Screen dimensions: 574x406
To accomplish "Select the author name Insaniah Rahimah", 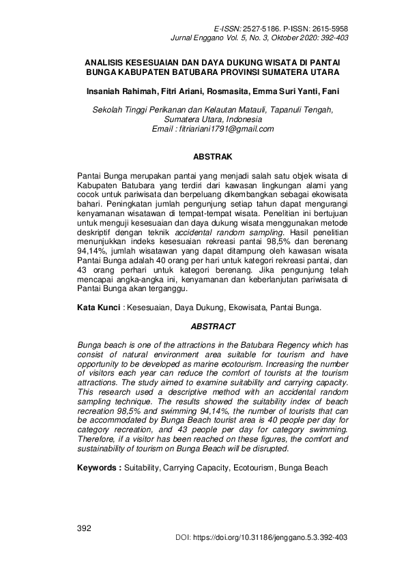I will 120,91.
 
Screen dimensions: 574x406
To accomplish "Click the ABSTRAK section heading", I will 213,156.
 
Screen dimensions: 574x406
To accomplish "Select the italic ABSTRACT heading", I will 213,327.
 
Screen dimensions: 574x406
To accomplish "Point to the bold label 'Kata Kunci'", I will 98,308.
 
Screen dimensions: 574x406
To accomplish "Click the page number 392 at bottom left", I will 85,528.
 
